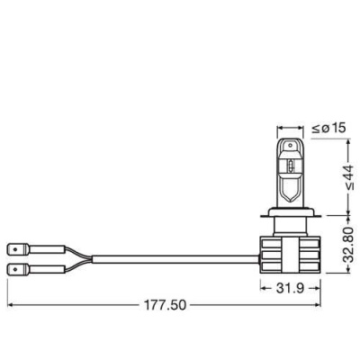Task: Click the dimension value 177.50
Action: point(164,305)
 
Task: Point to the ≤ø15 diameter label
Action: point(330,129)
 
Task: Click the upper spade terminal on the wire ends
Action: point(16,245)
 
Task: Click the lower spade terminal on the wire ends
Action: point(16,267)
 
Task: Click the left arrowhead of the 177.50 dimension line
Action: point(11,305)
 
